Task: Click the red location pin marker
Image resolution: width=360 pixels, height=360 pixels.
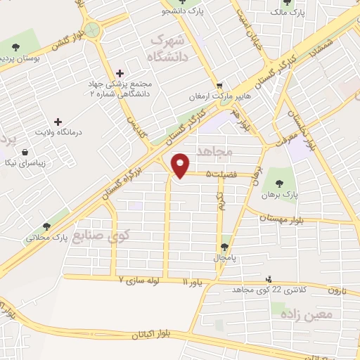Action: point(181,165)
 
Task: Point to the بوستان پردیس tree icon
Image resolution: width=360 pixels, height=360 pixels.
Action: point(15,47)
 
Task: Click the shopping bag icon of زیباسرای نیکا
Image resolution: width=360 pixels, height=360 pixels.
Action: point(25,153)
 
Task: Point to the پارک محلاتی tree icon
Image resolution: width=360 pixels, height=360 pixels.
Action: point(46,226)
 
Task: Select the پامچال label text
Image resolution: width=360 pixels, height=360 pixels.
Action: point(225,258)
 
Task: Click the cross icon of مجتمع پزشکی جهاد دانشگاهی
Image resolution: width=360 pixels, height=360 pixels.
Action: point(119,73)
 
